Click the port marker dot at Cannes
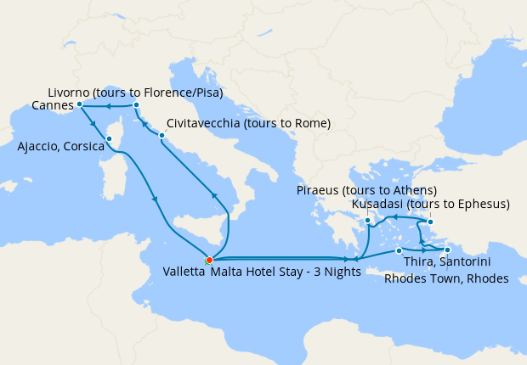point(79,104)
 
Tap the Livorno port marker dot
point(136,105)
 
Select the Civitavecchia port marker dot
point(161,135)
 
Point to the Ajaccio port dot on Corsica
point(109,138)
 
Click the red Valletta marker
point(209,260)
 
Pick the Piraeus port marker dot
point(367,222)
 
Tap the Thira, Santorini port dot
point(399,250)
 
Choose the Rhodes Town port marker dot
point(447,250)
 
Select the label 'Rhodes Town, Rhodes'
point(446,278)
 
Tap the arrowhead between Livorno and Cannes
point(108,106)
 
